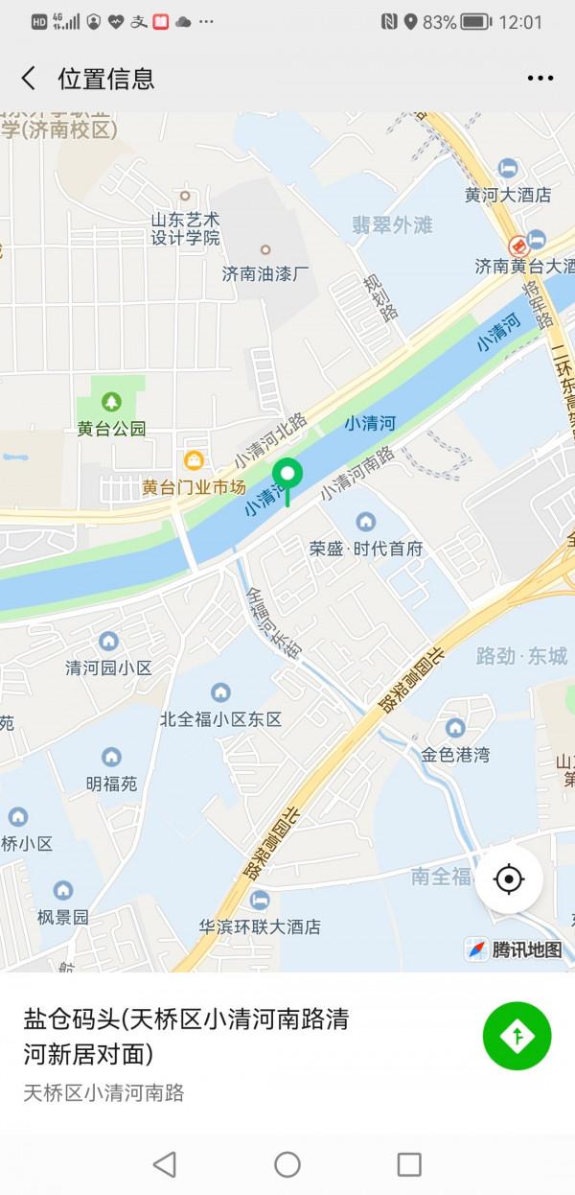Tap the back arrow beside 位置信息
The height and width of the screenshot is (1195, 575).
[29, 79]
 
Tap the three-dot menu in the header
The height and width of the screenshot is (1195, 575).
[540, 79]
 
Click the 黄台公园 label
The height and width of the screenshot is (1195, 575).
[112, 429]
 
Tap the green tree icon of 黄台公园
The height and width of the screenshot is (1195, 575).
[112, 400]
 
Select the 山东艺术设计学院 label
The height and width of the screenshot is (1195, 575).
[186, 228]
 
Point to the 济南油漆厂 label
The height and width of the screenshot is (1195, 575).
[266, 273]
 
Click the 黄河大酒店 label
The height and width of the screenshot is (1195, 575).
[508, 195]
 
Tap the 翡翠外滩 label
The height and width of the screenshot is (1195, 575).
[392, 225]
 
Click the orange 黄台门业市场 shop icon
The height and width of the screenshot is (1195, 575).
[194, 460]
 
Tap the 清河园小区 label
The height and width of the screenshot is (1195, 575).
[108, 668]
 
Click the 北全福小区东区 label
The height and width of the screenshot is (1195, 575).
[221, 719]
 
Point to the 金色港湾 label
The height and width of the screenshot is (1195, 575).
[455, 755]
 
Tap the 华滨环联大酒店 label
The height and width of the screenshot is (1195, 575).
[260, 927]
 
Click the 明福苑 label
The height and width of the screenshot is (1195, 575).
[111, 784]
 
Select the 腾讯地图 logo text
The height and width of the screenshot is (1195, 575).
[526, 949]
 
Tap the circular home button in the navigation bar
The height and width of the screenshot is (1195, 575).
[287, 1164]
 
